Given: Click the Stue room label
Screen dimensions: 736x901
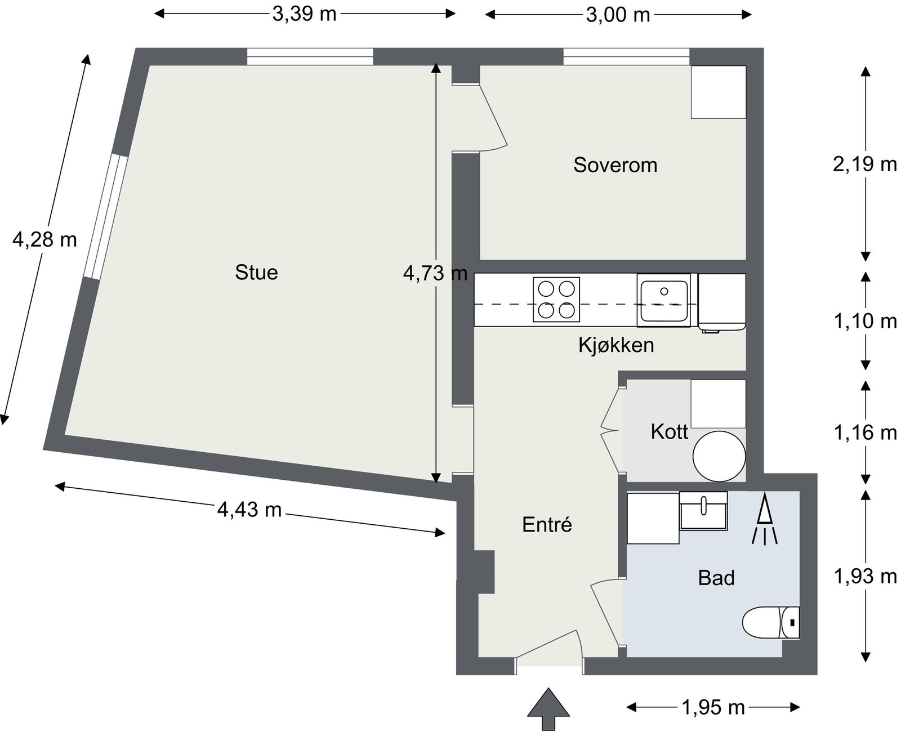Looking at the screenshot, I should pyautogui.click(x=256, y=273).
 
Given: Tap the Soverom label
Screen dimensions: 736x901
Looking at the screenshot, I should pyautogui.click(x=615, y=165).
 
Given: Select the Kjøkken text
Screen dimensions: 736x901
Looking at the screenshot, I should pyautogui.click(x=616, y=345).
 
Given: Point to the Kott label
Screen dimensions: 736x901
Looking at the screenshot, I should pyautogui.click(x=669, y=432).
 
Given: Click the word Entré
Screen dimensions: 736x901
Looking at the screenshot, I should pyautogui.click(x=547, y=525).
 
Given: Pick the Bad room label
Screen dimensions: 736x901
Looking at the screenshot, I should pyautogui.click(x=716, y=578).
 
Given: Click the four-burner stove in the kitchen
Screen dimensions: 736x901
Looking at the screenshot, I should pyautogui.click(x=556, y=300).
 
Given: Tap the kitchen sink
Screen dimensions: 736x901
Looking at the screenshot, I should pyautogui.click(x=663, y=300).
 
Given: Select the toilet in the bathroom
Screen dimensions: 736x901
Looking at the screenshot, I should pyautogui.click(x=770, y=622).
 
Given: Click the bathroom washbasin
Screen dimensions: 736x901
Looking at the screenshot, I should pyautogui.click(x=703, y=510).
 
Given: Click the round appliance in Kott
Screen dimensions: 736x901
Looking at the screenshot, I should pyautogui.click(x=719, y=456).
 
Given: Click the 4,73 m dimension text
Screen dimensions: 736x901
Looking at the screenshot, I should pyautogui.click(x=435, y=273).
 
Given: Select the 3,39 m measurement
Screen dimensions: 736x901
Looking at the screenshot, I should pyautogui.click(x=304, y=14).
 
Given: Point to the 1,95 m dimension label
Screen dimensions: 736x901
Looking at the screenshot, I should pyautogui.click(x=713, y=707).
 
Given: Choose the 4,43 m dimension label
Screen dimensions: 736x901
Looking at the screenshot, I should pyautogui.click(x=249, y=510).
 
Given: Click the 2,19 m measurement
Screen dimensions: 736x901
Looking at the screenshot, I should pyautogui.click(x=865, y=164).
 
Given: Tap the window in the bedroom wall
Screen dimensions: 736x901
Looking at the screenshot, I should pyautogui.click(x=626, y=57).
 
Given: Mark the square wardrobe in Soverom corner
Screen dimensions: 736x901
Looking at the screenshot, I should pyautogui.click(x=719, y=92).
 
